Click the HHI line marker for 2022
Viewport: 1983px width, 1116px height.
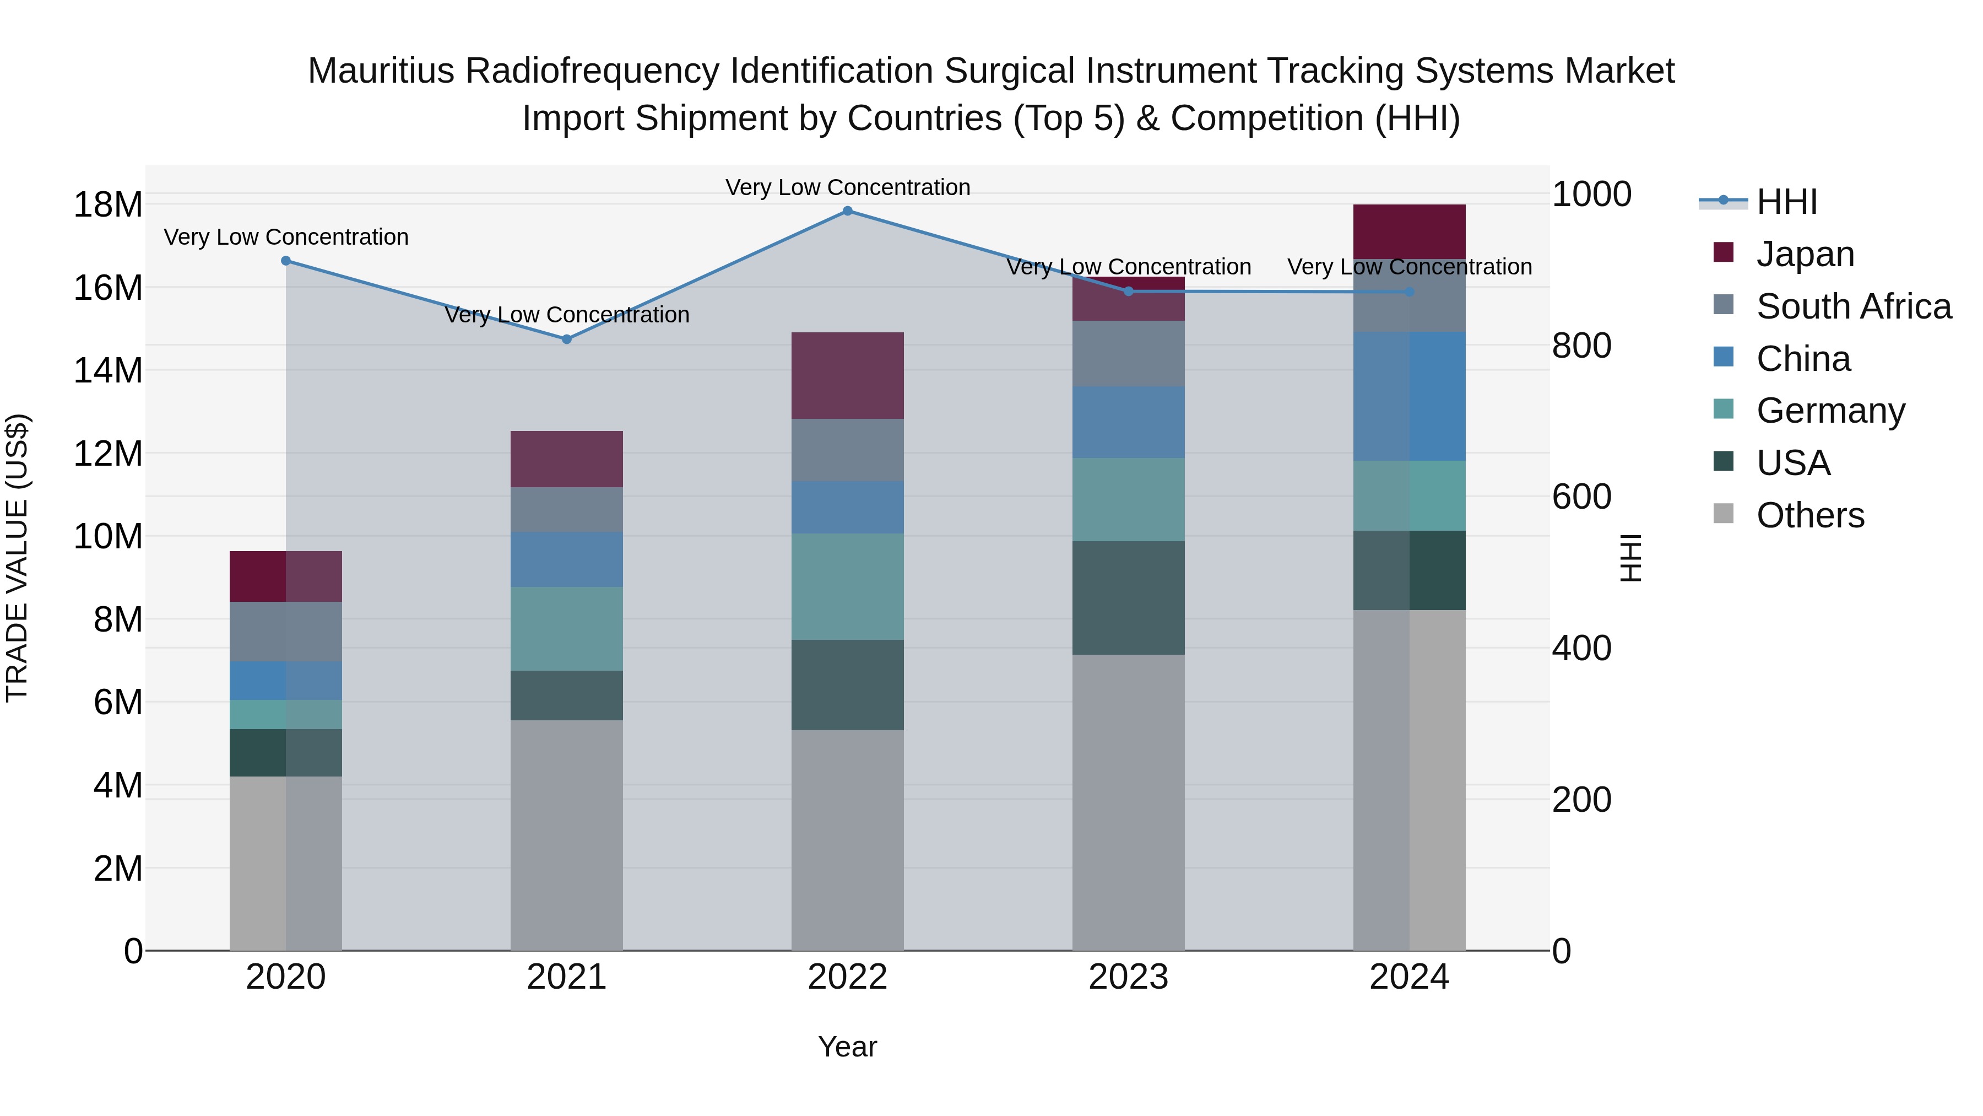(848, 211)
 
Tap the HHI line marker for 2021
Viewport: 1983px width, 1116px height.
(567, 339)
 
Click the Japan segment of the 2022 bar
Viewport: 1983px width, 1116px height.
(848, 376)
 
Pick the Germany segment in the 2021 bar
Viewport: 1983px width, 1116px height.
(567, 628)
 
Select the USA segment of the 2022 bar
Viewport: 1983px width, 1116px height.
(848, 684)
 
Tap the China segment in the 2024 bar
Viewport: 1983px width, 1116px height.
(1410, 397)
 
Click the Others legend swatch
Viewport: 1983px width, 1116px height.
(1724, 514)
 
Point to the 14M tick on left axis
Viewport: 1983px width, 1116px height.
(108, 370)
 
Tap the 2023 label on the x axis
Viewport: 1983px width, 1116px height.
(1129, 977)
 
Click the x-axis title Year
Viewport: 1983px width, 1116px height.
(848, 1047)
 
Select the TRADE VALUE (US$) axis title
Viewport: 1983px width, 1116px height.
(18, 558)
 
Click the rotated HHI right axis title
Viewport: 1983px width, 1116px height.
(1631, 558)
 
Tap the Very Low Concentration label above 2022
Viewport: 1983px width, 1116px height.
(848, 187)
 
